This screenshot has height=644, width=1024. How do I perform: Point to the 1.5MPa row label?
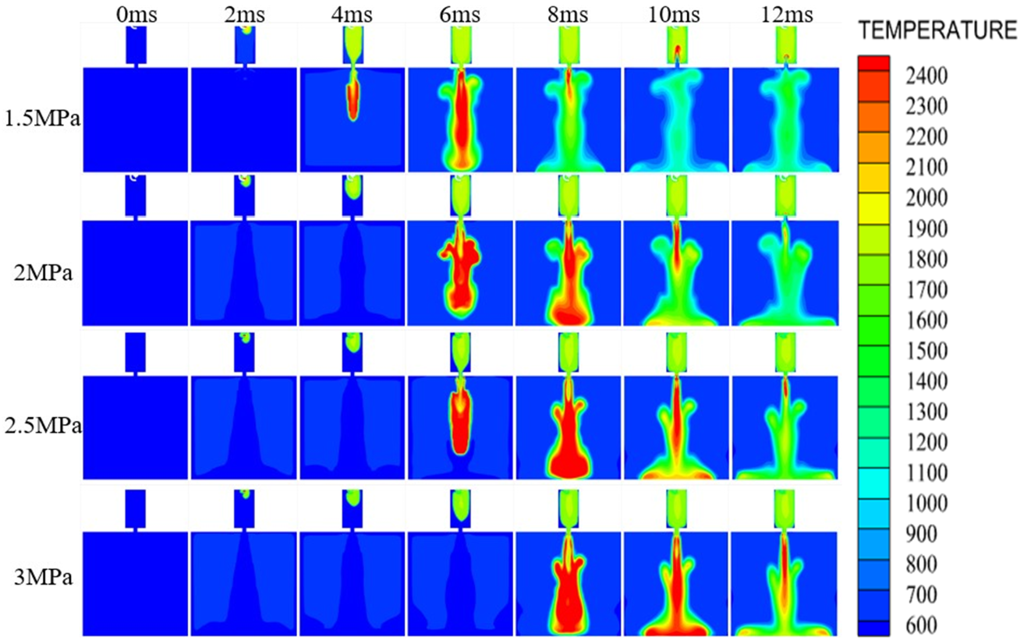pos(41,121)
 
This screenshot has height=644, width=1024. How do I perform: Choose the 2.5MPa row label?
pos(41,428)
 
